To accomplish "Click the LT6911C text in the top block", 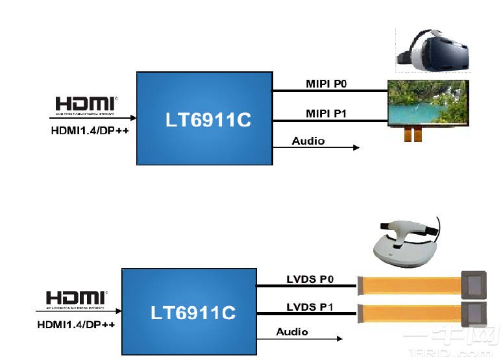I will click(x=207, y=120).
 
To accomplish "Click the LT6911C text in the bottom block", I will click(x=193, y=313).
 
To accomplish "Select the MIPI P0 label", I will click(x=326, y=84).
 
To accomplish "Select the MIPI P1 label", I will click(x=326, y=114).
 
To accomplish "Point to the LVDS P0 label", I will click(x=310, y=279).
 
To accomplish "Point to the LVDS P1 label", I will click(x=310, y=306).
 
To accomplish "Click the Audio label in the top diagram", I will click(x=308, y=141).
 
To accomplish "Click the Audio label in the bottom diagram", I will click(x=292, y=331).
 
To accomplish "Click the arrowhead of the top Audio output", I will click(x=356, y=148).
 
